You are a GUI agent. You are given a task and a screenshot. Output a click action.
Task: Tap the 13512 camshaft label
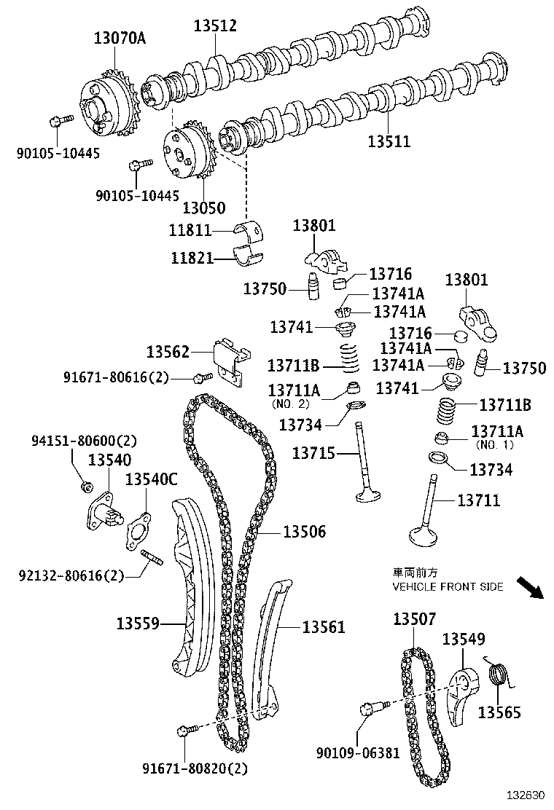coord(215,26)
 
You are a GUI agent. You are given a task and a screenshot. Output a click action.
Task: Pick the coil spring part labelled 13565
coord(497,675)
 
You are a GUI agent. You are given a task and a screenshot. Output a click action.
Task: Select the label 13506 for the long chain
coord(303,532)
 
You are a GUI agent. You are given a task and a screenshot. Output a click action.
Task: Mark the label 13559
coord(138,624)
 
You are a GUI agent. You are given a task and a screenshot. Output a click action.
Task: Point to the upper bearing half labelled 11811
coord(251,229)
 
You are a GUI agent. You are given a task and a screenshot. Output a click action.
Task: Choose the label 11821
coord(192,258)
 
